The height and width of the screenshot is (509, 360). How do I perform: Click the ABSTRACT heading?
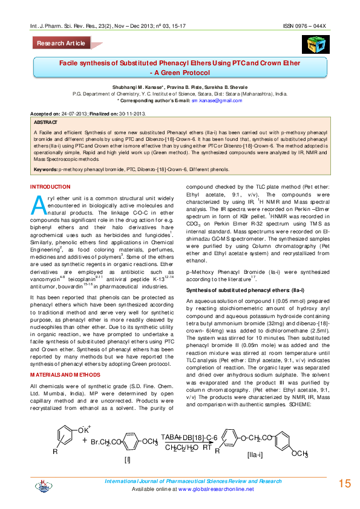click(x=47, y=121)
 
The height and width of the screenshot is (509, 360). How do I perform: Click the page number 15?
click(x=345, y=483)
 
